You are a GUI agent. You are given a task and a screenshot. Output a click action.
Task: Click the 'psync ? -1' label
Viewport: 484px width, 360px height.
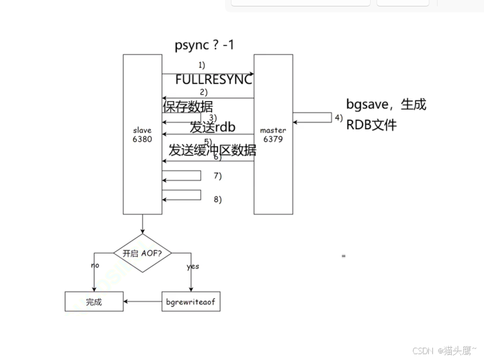tap(204, 45)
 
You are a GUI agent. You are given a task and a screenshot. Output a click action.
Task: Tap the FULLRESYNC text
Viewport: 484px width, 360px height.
tap(213, 80)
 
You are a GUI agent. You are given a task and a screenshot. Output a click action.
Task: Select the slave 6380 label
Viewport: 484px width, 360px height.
tap(142, 134)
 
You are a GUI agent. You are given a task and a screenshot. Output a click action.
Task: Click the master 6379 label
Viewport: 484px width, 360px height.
tap(273, 134)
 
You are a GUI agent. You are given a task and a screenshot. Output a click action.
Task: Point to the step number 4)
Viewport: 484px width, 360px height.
tap(338, 117)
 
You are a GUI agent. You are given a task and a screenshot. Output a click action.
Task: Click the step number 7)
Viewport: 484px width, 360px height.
tap(217, 176)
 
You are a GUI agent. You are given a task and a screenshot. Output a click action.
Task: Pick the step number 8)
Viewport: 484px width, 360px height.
tap(217, 199)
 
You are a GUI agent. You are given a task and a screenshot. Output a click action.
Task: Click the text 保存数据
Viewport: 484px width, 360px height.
tap(187, 106)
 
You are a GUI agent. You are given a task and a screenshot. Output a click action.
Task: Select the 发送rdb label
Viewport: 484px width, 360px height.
tap(213, 127)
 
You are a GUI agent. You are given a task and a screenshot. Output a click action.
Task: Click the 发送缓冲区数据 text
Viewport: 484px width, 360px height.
tap(212, 150)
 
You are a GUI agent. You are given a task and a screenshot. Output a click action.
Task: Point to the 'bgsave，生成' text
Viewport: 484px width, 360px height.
tap(386, 105)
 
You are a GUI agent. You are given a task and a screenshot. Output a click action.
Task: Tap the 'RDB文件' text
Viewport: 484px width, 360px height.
tap(371, 125)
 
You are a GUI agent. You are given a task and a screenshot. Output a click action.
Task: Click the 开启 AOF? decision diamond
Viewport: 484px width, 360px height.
tap(142, 254)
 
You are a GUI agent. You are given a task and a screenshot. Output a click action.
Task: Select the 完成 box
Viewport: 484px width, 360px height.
tap(94, 302)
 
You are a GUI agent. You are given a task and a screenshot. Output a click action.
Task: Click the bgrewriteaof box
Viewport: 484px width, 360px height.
tap(191, 302)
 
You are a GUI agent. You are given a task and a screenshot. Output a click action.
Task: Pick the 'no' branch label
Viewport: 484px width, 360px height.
tap(95, 265)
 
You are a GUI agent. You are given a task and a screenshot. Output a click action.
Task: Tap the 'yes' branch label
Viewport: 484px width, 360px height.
tap(193, 266)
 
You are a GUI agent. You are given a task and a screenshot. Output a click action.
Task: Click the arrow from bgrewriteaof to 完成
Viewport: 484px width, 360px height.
tap(143, 302)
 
